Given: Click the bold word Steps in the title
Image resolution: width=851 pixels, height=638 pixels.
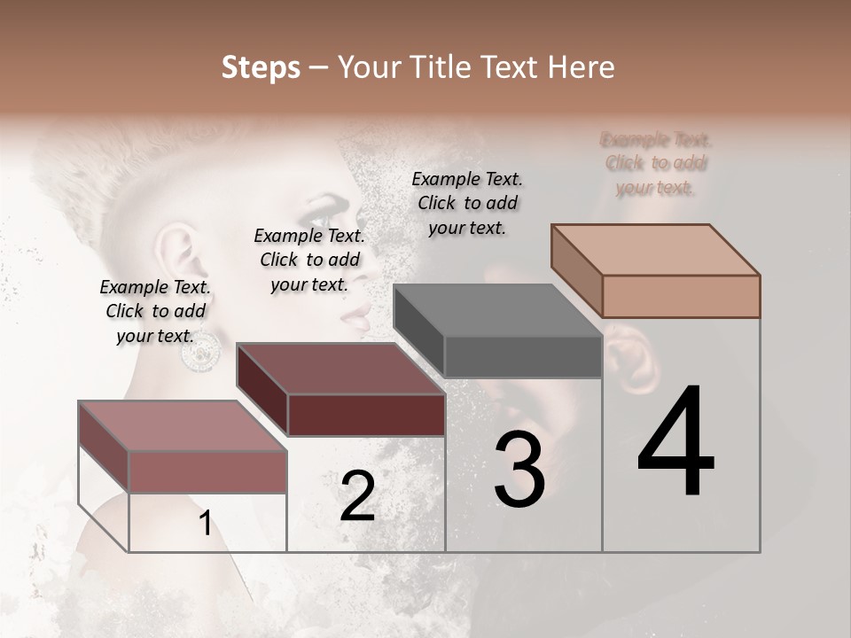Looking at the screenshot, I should (261, 67).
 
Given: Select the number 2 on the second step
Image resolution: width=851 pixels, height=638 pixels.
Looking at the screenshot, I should (357, 496).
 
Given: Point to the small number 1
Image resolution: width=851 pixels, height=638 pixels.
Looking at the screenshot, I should (205, 524).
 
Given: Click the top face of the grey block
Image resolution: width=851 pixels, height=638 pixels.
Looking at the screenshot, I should (496, 310).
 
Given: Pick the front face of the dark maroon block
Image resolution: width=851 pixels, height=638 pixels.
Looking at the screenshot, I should (366, 415).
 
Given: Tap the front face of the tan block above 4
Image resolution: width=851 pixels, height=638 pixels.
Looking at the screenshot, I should (681, 296).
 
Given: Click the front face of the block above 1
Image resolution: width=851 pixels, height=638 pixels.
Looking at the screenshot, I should (207, 471).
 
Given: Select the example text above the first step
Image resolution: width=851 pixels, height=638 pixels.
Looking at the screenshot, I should (155, 311).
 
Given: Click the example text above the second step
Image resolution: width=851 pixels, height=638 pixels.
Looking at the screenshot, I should (309, 260).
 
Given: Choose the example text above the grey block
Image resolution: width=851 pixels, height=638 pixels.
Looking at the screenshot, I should (467, 203).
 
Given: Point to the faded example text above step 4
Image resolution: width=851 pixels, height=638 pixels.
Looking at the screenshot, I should (656, 163).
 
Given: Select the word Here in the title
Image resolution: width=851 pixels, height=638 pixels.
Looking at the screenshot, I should (581, 67).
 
